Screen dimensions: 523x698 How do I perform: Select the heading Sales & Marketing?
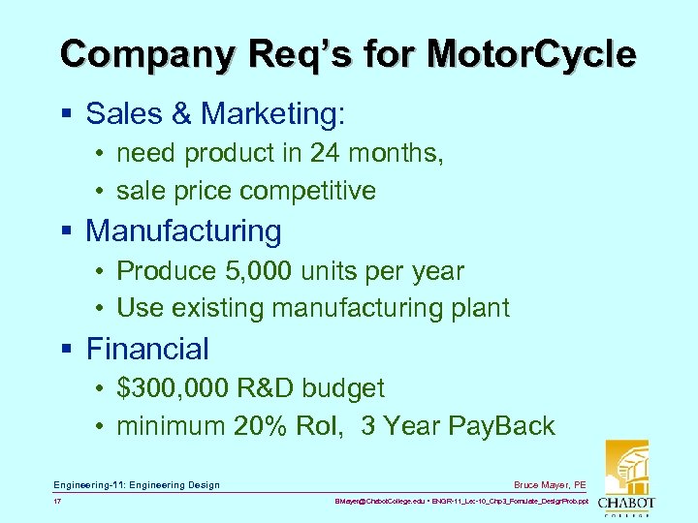tap(214, 113)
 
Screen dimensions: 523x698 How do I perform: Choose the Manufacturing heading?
tap(183, 231)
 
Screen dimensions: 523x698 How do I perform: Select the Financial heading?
tap(147, 349)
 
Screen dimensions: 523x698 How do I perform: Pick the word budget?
tap(343, 388)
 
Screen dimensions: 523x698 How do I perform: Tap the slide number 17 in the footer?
tap(58, 503)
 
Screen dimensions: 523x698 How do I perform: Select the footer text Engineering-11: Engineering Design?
tap(137, 484)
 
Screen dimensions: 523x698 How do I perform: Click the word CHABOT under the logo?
tap(625, 503)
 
